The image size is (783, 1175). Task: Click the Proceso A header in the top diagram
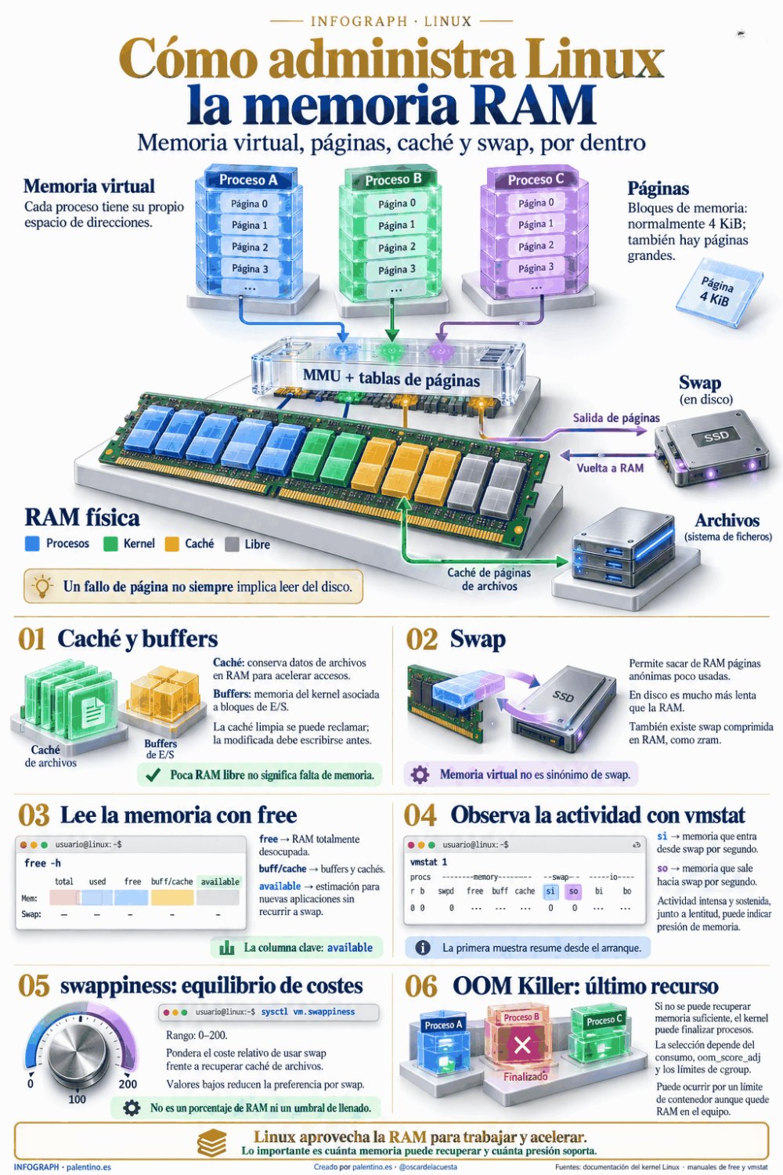248,180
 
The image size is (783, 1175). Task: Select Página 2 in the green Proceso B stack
396,247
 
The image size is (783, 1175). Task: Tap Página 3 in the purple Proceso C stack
536,268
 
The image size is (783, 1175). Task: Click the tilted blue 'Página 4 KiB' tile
719,293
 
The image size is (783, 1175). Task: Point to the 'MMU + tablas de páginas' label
391,378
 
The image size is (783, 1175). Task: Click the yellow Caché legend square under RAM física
172,544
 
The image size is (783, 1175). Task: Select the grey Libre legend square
232,544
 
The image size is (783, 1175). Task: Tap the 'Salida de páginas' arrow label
615,418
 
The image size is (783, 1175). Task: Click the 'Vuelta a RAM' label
610,468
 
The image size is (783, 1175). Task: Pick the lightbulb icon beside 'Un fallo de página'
42,586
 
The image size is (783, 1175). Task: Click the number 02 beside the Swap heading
422,639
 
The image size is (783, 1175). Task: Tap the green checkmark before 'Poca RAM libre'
153,775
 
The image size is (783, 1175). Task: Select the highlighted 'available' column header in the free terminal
220,882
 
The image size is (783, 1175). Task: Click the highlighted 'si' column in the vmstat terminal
550,891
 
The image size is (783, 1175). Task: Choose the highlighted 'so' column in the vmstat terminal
573,891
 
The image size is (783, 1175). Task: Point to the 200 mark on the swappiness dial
128,1084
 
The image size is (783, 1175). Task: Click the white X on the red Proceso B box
522,1046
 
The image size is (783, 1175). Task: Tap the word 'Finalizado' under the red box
525,1076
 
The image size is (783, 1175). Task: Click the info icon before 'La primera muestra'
422,947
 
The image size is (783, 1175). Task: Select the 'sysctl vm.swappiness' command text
308,1011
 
